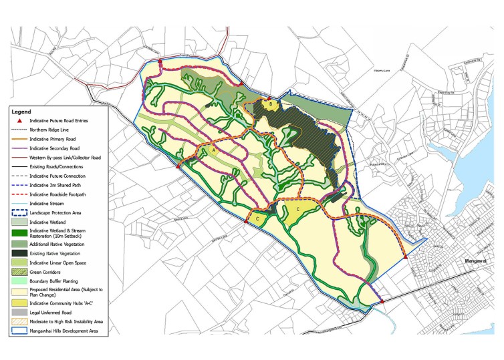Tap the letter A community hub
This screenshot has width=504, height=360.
point(214,152)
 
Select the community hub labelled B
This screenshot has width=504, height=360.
point(270,104)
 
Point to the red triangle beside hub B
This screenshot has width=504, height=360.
point(269,98)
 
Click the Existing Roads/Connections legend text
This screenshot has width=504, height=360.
point(70,165)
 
